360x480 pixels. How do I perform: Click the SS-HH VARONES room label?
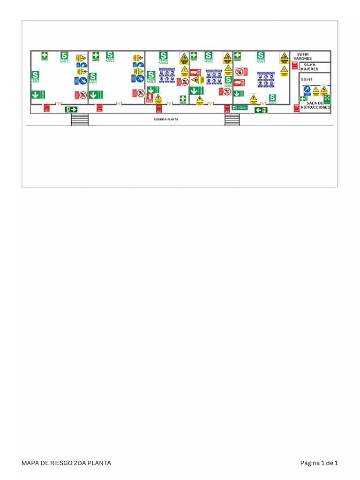point(302,56)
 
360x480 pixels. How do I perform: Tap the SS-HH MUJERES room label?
point(309,67)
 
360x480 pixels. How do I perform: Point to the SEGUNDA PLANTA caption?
point(165,120)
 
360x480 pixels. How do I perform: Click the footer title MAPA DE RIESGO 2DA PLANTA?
point(66,463)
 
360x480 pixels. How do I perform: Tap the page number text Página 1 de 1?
point(319,463)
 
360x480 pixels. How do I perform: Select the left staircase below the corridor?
point(80,120)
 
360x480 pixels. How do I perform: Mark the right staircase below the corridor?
point(232,120)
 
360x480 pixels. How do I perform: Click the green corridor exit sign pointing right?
point(71,109)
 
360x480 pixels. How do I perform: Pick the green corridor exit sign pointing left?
point(261,110)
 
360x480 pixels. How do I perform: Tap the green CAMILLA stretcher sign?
point(240,107)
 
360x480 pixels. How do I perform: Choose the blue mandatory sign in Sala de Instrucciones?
point(307,89)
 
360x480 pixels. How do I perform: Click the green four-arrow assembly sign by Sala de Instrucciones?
point(327,99)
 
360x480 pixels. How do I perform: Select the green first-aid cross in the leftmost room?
point(45,55)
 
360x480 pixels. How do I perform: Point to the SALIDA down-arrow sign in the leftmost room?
point(35,94)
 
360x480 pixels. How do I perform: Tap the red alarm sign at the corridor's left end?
point(46,108)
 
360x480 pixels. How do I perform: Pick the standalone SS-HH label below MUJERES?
point(306,80)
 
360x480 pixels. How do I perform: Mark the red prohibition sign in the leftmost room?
point(82,95)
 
